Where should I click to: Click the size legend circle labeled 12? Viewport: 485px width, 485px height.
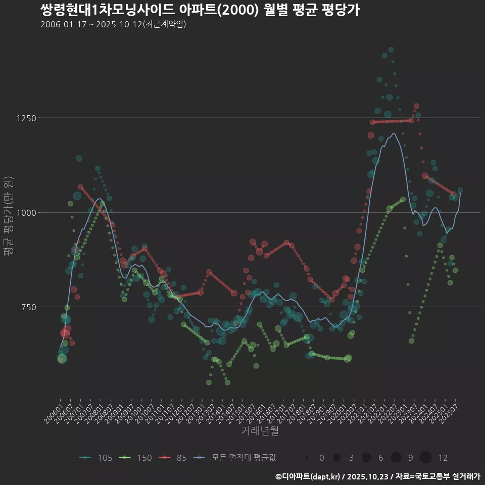coord(425,458)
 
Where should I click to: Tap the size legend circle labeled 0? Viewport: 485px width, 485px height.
coord(307,458)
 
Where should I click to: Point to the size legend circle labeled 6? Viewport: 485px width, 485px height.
coord(366,458)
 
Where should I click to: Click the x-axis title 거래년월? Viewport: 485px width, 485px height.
coord(260,431)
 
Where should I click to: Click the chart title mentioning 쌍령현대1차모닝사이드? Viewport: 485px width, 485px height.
coord(200,10)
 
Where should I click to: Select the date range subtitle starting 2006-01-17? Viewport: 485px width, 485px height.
coord(114,24)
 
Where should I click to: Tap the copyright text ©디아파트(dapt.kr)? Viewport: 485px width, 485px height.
coord(308,476)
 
